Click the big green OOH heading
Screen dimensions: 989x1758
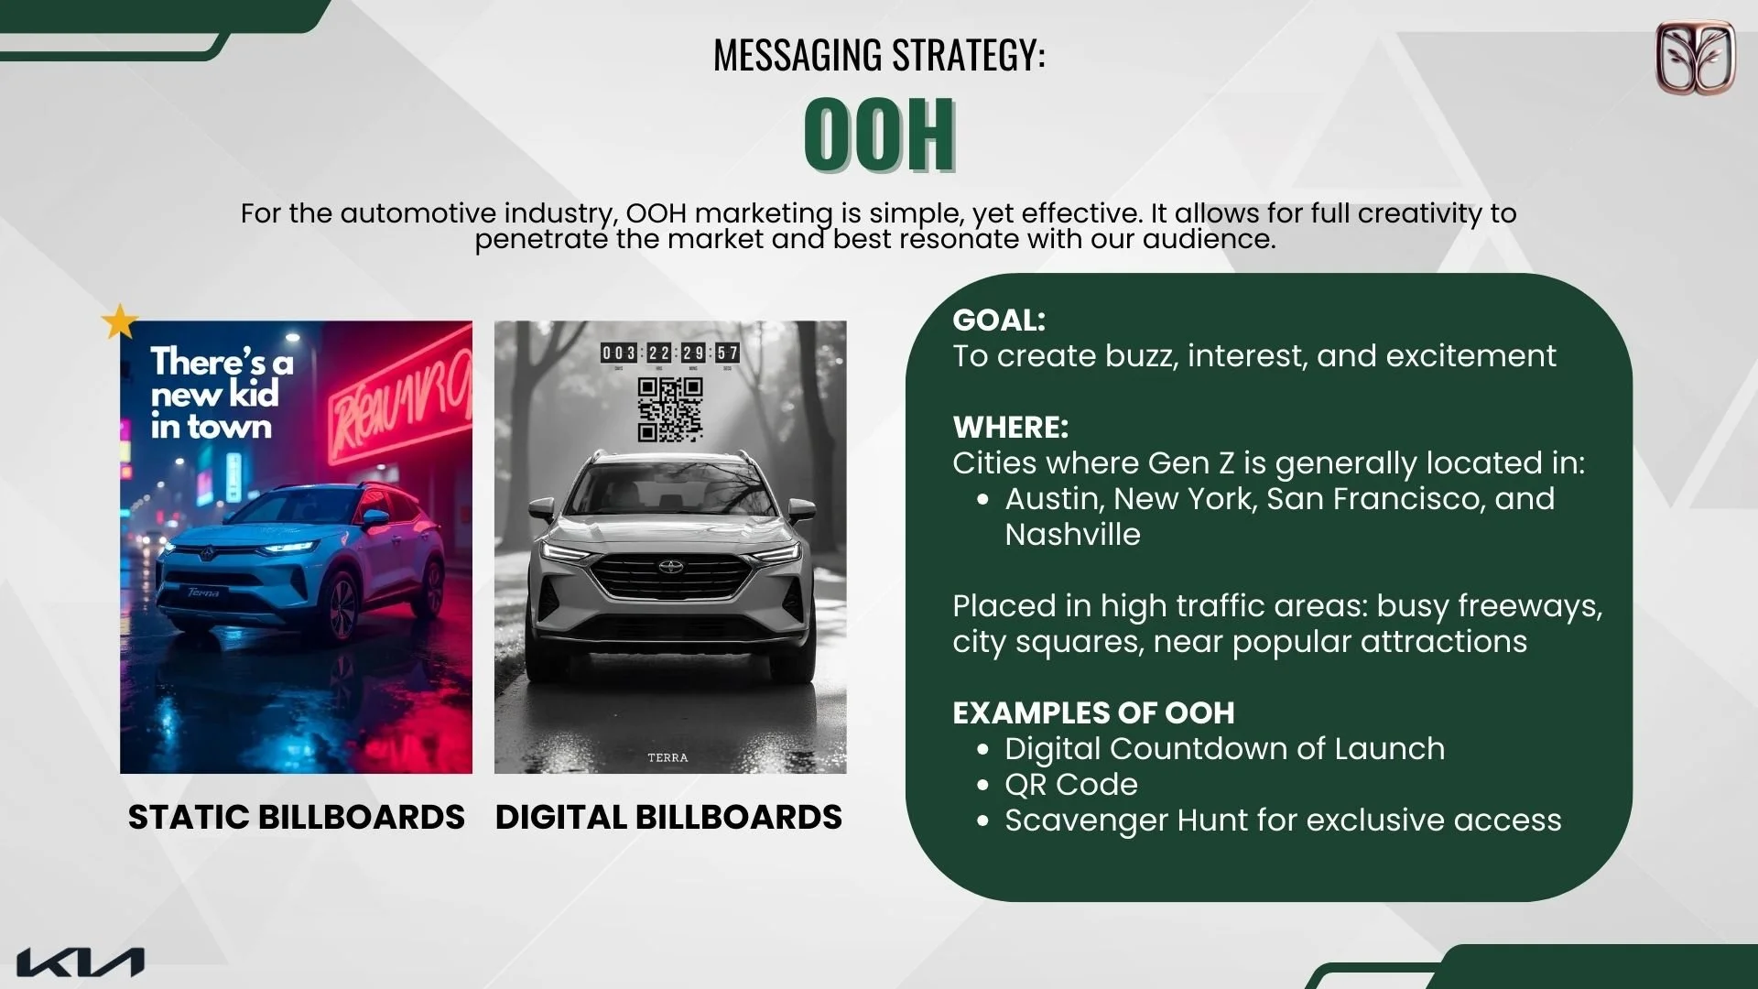pos(879,135)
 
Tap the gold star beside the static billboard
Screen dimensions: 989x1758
pos(119,321)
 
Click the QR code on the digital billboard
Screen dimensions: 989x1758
pos(670,409)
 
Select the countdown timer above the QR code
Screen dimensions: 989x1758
pos(670,353)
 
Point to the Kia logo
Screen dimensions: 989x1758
pos(81,962)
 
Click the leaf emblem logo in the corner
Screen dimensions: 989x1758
pos(1695,58)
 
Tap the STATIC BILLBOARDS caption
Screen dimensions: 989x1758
pos(296,817)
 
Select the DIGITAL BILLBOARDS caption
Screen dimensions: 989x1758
pos(668,817)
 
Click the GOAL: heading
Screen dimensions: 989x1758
pos(998,320)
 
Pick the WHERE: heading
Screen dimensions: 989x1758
pos(1010,427)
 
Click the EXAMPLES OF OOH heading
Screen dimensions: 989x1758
pos(1093,712)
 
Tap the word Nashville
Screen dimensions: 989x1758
pos(1072,534)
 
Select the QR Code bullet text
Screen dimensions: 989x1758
pos(1070,784)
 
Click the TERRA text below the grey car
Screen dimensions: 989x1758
pos(667,757)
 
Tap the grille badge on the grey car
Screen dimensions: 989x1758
pos(671,567)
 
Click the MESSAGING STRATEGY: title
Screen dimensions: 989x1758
pos(879,55)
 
